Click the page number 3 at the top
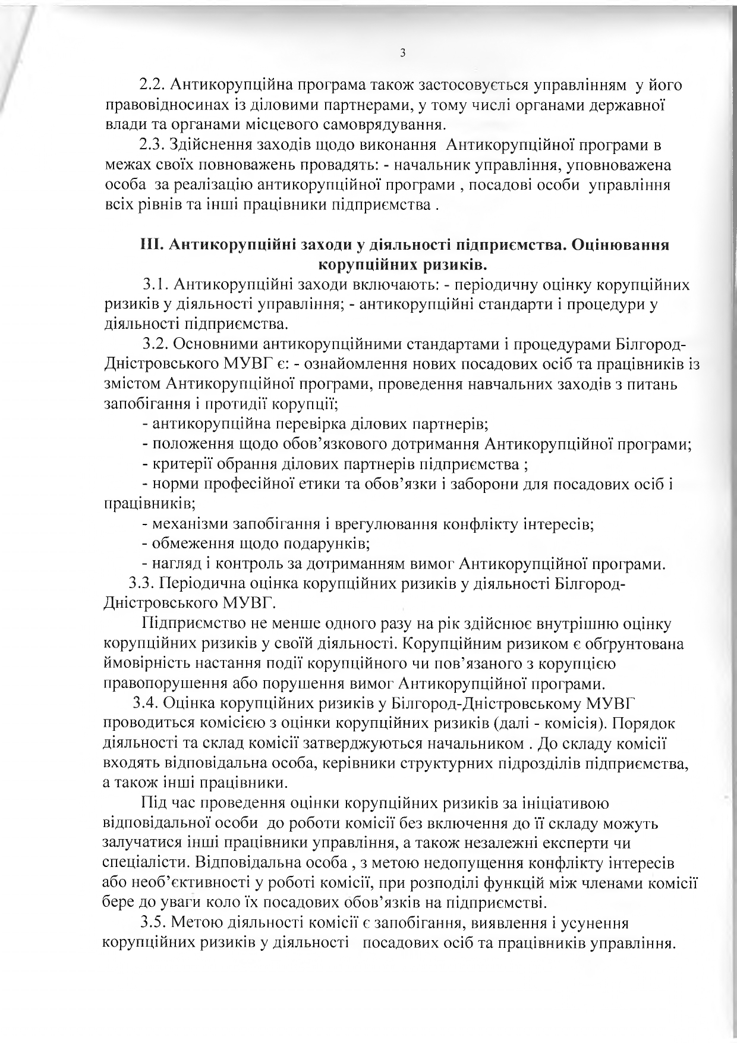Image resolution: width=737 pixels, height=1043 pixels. point(402,54)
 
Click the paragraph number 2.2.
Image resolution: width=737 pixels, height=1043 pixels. point(152,86)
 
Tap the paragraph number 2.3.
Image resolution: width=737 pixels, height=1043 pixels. point(152,144)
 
